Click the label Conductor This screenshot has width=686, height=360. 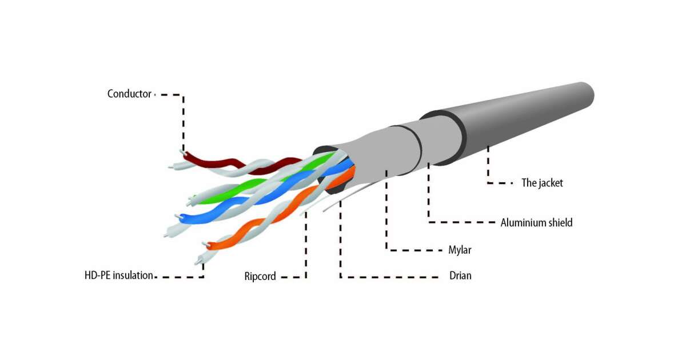(129, 94)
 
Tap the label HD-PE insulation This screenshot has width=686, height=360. (119, 275)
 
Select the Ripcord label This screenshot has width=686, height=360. (260, 276)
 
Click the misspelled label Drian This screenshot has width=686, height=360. (460, 275)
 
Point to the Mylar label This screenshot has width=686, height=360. (460, 250)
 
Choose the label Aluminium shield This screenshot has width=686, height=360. (536, 222)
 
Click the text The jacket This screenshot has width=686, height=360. (542, 183)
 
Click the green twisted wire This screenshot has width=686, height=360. (264, 181)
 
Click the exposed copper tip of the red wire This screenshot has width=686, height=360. (182, 152)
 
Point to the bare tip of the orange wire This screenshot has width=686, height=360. (205, 244)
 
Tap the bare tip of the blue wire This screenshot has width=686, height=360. (177, 217)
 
